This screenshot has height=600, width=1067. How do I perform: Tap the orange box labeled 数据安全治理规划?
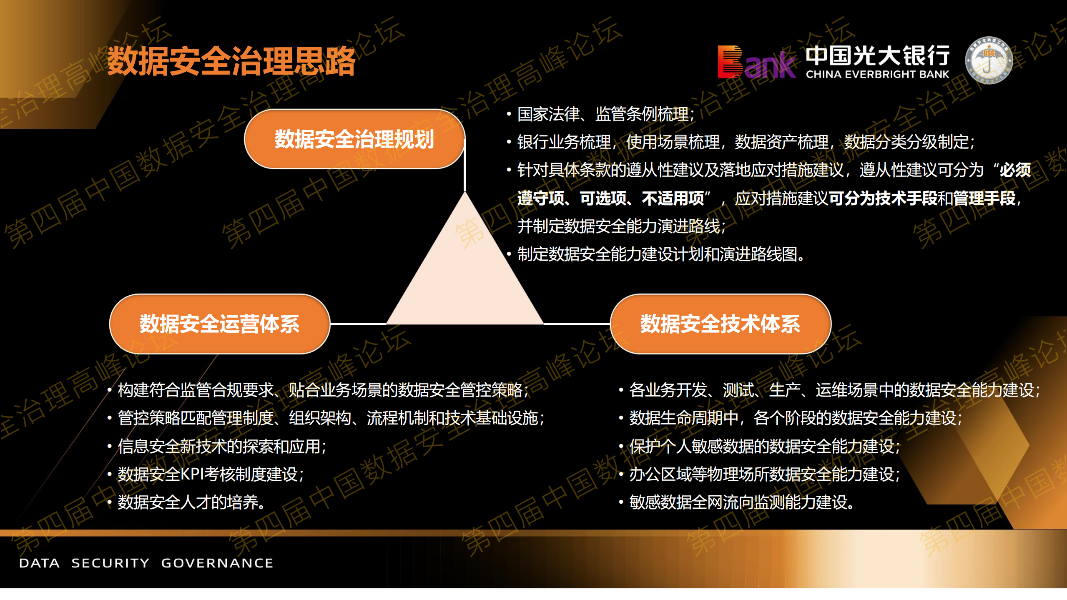(354, 139)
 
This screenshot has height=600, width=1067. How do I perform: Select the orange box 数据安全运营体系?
(219, 324)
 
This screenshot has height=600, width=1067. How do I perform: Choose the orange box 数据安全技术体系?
(720, 324)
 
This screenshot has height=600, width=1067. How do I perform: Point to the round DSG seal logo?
(989, 60)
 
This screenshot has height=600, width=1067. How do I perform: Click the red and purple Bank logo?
(756, 63)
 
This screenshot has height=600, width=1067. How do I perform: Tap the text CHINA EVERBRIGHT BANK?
(877, 75)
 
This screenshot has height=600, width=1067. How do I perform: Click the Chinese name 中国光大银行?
(877, 55)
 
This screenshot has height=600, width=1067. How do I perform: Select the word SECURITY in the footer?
(110, 563)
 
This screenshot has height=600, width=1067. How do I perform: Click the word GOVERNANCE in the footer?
(217, 563)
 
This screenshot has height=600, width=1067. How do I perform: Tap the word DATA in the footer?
(39, 563)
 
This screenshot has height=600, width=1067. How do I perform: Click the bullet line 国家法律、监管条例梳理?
(605, 114)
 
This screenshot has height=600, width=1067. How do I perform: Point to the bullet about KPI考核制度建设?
(211, 474)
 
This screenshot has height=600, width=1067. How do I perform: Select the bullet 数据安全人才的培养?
(191, 502)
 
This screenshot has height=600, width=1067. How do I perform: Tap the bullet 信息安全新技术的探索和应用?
(221, 446)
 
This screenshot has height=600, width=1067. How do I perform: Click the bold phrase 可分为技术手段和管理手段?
(922, 198)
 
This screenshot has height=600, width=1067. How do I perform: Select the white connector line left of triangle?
(358, 324)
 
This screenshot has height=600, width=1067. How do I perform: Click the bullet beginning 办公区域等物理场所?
(764, 474)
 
